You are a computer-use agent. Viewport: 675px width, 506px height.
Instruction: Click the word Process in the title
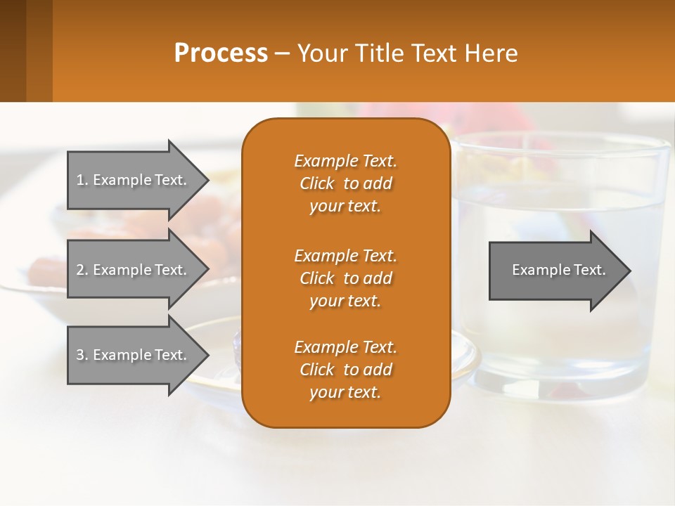tap(221, 53)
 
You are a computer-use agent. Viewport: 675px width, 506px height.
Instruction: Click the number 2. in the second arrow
tap(82, 270)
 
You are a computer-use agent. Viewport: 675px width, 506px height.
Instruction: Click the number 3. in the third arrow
tap(82, 355)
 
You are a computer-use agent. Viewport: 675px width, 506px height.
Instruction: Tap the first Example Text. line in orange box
tap(345, 161)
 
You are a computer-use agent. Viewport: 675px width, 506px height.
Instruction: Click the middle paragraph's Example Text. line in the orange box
tap(345, 256)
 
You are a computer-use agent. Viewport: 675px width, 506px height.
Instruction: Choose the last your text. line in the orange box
tap(345, 393)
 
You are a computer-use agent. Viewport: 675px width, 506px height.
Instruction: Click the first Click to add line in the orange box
tap(345, 184)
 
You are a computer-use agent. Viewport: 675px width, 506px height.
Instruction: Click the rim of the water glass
tap(562, 141)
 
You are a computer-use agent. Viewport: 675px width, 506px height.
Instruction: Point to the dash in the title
tap(283, 54)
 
